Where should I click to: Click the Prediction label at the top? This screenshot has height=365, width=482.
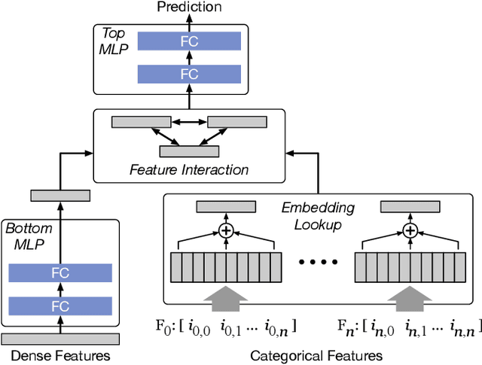189,7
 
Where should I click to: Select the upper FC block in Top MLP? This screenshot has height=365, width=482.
189,41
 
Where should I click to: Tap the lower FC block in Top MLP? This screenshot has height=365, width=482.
189,74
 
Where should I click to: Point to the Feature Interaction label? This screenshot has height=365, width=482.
188,169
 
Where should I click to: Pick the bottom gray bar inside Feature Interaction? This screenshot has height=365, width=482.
189,151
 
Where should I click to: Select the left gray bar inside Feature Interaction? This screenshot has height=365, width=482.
141,122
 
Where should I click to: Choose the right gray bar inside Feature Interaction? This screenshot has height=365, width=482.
237,122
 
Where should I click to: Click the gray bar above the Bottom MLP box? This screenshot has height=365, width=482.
59,196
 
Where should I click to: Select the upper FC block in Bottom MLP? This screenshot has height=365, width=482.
59,273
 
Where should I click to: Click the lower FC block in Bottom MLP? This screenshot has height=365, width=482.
59,306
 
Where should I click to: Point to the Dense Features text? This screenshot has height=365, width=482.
59,355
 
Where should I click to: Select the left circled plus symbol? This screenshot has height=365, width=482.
225,230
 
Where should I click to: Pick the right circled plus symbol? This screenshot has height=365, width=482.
410,230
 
